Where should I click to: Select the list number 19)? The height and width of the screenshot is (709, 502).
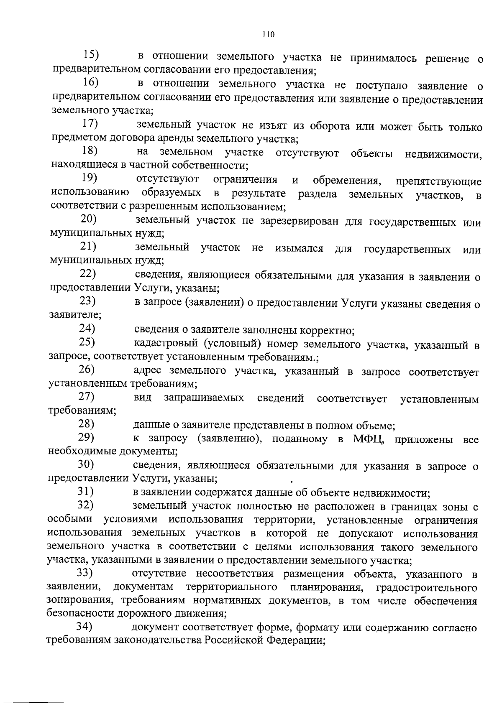coord(89,178)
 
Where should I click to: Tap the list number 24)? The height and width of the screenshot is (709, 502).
coord(87,329)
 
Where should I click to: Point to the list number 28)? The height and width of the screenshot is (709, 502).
coord(86,424)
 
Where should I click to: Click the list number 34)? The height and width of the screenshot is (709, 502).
coord(84,627)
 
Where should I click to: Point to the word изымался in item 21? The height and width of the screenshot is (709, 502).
coord(299,249)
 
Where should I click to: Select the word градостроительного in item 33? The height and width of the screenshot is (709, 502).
coord(427,588)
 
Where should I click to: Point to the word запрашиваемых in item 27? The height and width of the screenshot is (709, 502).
coord(204,398)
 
